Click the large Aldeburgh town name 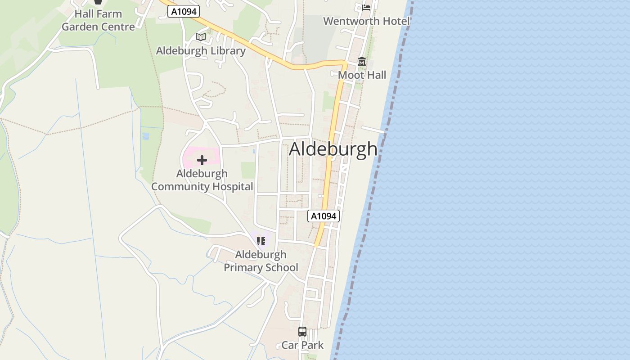click(x=333, y=149)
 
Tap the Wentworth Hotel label click(x=366, y=21)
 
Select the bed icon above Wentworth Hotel click(x=366, y=7)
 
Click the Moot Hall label click(x=362, y=75)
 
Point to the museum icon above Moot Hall click(x=362, y=62)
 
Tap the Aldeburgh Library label click(x=201, y=51)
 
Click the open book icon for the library click(x=201, y=37)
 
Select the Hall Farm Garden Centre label click(x=98, y=20)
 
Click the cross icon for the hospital click(x=202, y=160)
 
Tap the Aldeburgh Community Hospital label click(x=202, y=180)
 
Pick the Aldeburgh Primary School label click(x=261, y=261)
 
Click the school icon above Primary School click(x=261, y=241)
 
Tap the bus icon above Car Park click(x=302, y=332)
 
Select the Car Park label click(x=302, y=345)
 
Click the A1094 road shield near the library click(x=184, y=12)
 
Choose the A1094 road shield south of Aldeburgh click(x=324, y=216)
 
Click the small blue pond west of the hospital click(x=145, y=135)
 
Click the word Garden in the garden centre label click(x=79, y=27)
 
